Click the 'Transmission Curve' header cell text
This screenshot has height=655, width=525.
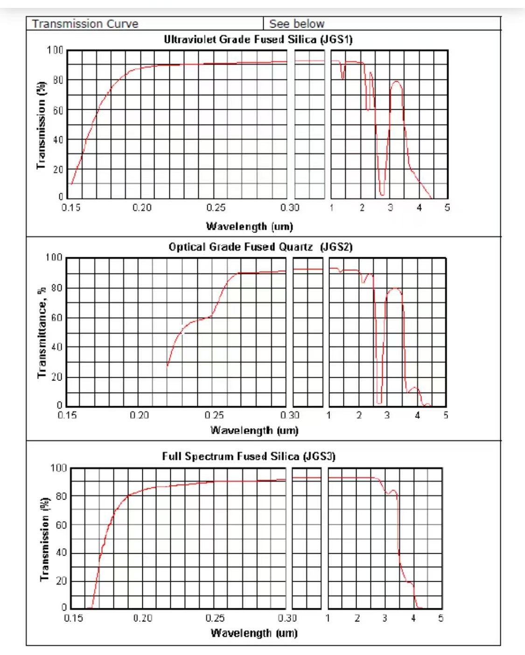pos(85,24)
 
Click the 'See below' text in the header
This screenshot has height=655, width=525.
pos(296,24)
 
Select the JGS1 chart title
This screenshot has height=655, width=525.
pos(258,39)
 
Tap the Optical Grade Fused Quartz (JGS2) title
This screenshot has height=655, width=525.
pos(260,247)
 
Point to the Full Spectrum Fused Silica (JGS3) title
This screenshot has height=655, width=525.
pos(249,456)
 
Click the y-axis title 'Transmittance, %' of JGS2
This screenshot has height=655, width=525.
pos(42,332)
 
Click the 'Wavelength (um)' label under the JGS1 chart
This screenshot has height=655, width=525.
pos(249,226)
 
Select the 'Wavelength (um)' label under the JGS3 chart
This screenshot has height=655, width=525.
pos(254,633)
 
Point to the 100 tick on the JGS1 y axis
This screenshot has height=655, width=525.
pos(55,50)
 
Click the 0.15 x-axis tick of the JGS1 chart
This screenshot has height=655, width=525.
pos(71,208)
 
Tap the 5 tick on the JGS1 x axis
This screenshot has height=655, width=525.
pos(447,208)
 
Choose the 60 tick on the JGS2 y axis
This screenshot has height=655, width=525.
pos(56,318)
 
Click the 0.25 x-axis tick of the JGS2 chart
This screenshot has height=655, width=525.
pos(214,415)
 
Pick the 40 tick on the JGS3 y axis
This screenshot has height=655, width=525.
pos(61,552)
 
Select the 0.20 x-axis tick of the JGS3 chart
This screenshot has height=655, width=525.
pos(142,618)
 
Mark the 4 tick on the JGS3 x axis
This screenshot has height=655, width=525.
pos(413,618)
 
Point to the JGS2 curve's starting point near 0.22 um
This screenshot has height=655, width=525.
pos(168,366)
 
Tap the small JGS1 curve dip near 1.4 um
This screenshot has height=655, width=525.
pos(343,77)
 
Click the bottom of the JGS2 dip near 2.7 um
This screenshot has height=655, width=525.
pos(379,402)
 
